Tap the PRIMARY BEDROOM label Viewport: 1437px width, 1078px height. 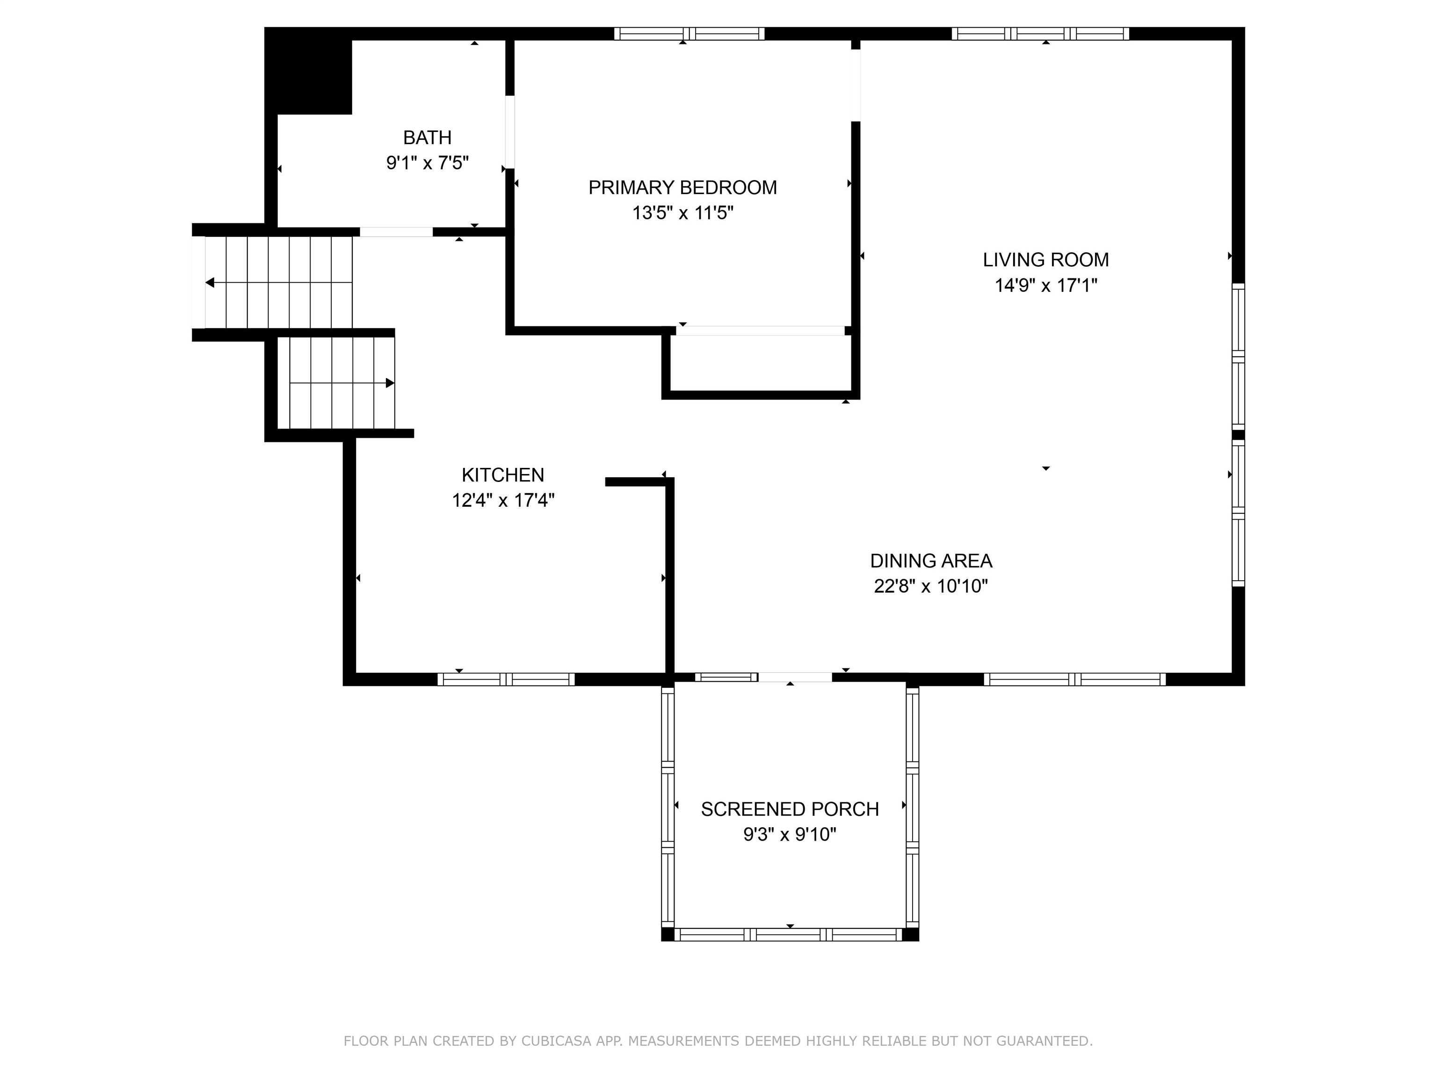coord(682,188)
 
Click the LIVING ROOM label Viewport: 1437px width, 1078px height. coord(1045,260)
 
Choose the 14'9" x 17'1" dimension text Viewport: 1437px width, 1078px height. coord(1045,285)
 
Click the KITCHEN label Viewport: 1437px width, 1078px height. coord(502,475)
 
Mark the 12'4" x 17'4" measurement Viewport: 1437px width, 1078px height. coord(502,500)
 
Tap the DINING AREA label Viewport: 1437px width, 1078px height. coord(930,561)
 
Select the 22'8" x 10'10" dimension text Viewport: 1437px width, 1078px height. coord(930,586)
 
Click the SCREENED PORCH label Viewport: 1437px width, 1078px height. coord(789,809)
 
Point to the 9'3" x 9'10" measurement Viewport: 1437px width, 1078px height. coord(789,834)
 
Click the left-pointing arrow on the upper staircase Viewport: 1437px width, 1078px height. coord(210,283)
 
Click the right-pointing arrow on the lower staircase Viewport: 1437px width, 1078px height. coord(389,383)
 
